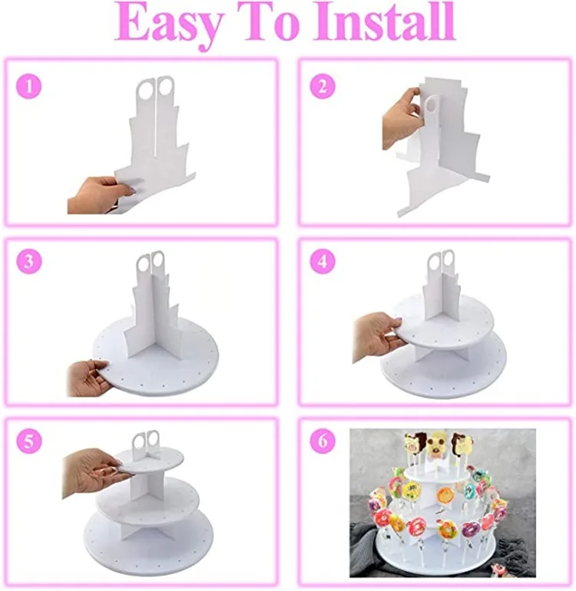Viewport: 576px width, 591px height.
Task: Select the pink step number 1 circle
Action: (x=28, y=86)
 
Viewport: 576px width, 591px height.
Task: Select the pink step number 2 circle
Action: (x=323, y=86)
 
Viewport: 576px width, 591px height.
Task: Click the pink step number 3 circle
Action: (x=28, y=261)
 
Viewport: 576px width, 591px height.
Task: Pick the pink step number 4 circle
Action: (x=323, y=261)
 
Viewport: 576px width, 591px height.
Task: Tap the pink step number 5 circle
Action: (x=28, y=443)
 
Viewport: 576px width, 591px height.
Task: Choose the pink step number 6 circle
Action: (x=323, y=443)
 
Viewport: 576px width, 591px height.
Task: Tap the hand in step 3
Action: (x=87, y=376)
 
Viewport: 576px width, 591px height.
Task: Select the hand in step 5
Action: (x=89, y=470)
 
